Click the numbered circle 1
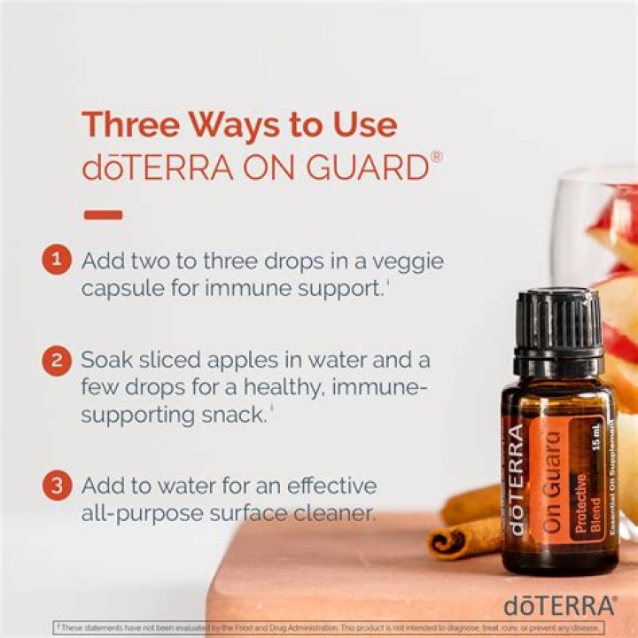[x=56, y=261]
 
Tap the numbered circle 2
[x=56, y=361]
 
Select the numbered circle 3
[x=56, y=486]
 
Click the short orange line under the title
[x=102, y=214]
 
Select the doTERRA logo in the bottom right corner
[x=560, y=605]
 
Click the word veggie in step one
[x=403, y=261]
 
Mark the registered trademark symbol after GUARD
[x=437, y=158]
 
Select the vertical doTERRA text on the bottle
[x=517, y=478]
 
